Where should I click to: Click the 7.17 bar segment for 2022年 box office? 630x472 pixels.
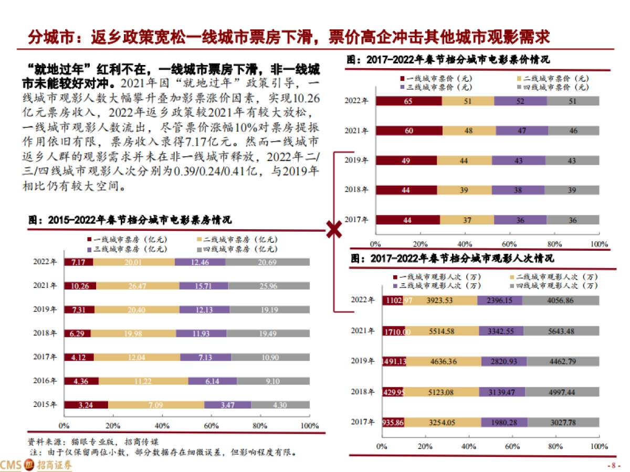click(78, 262)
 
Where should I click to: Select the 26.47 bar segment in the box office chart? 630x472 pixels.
click(137, 286)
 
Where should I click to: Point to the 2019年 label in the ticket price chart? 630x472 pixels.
click(358, 160)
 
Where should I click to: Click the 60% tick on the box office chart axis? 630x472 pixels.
click(211, 425)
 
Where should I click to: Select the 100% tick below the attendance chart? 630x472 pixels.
click(599, 446)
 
